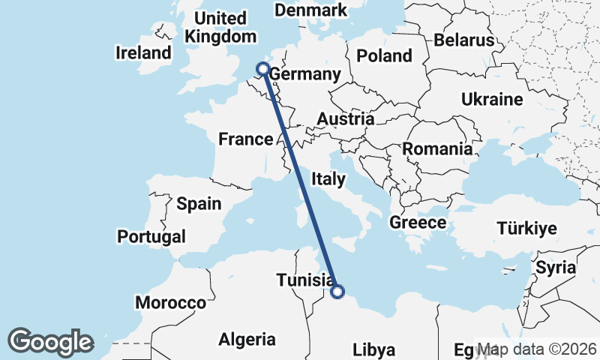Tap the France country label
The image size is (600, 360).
tap(245, 139)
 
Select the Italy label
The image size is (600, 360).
tap(328, 179)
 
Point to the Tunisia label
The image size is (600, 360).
tap(305, 280)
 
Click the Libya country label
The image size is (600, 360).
tap(373, 349)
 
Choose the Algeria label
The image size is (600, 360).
tap(247, 339)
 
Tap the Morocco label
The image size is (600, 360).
tap(170, 303)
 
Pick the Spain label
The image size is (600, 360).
tap(199, 203)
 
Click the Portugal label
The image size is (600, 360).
tap(151, 237)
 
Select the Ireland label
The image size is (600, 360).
tap(143, 53)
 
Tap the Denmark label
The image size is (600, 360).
tap(310, 10)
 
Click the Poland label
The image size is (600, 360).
tap(384, 55)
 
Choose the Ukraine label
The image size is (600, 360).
tap(492, 99)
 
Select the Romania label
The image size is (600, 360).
tap(438, 148)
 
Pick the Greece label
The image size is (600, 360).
tap(418, 223)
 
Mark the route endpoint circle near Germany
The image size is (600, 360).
tap(263, 70)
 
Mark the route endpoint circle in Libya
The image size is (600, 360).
tap(337, 292)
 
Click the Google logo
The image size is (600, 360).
tap(51, 342)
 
